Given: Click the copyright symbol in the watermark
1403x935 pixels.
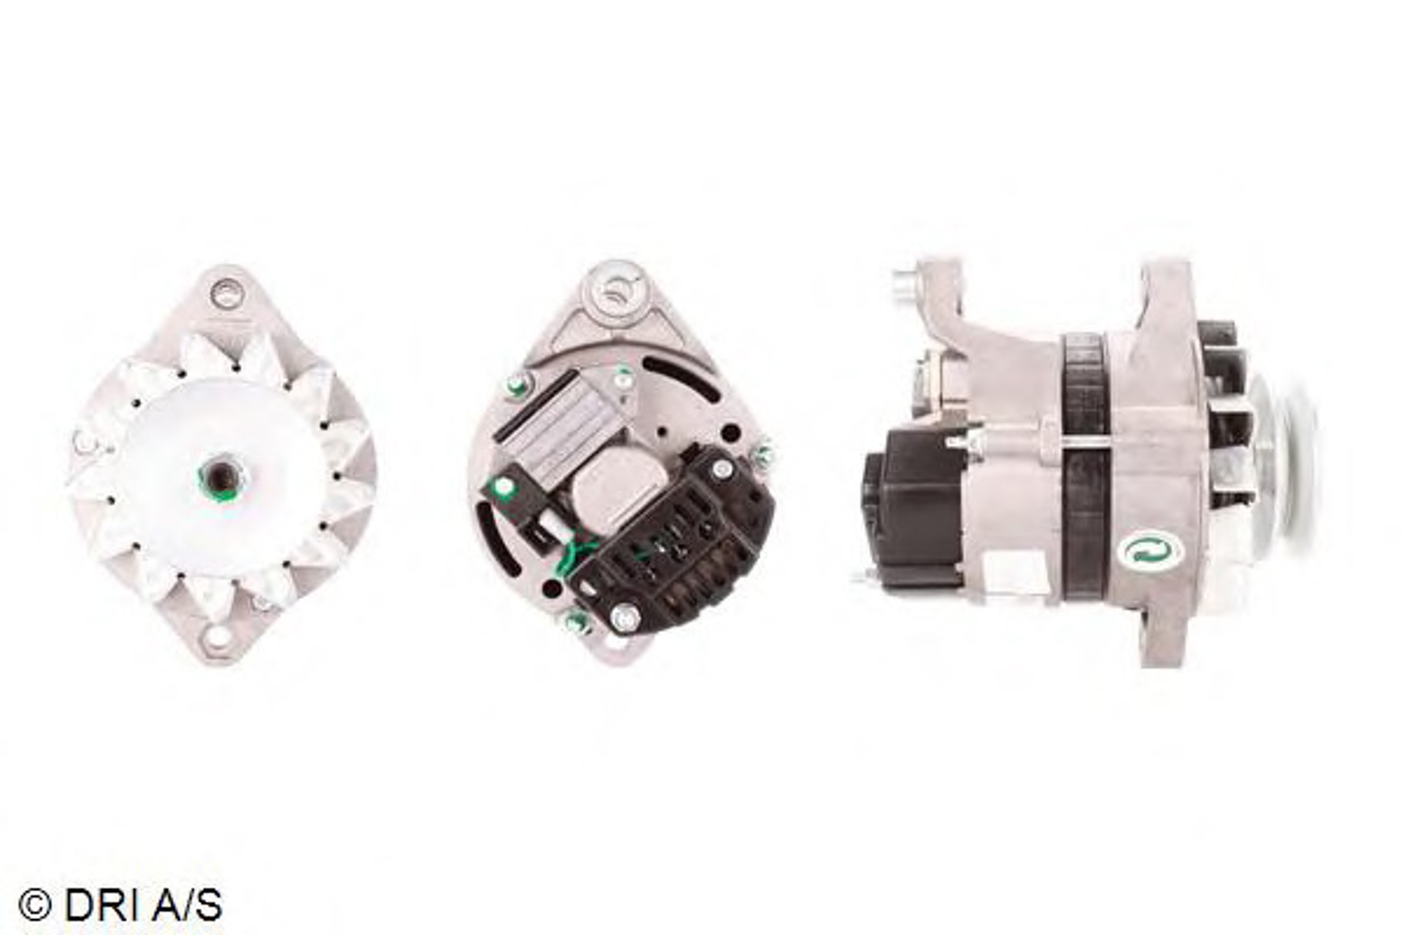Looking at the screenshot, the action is (x=34, y=905).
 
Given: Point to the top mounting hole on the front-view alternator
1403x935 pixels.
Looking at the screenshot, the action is (x=227, y=293).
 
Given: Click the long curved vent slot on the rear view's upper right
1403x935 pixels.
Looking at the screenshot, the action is (x=680, y=378).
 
